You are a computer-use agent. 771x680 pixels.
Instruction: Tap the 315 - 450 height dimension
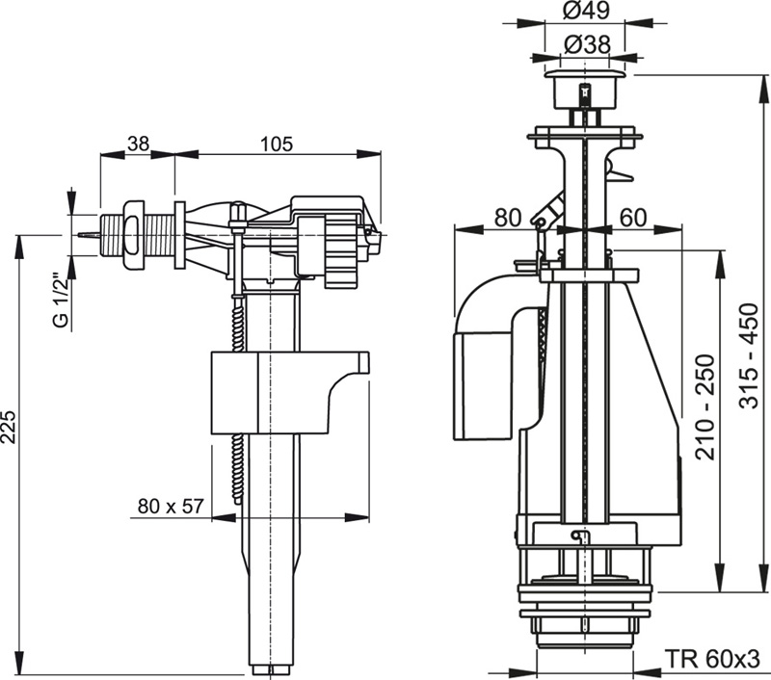click(x=753, y=356)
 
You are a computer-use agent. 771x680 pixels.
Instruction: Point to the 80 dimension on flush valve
click(x=507, y=218)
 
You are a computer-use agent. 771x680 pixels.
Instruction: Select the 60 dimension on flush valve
click(x=632, y=218)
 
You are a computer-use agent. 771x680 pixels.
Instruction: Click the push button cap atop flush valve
click(x=587, y=76)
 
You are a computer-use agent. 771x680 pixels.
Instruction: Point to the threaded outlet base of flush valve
click(x=588, y=626)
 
